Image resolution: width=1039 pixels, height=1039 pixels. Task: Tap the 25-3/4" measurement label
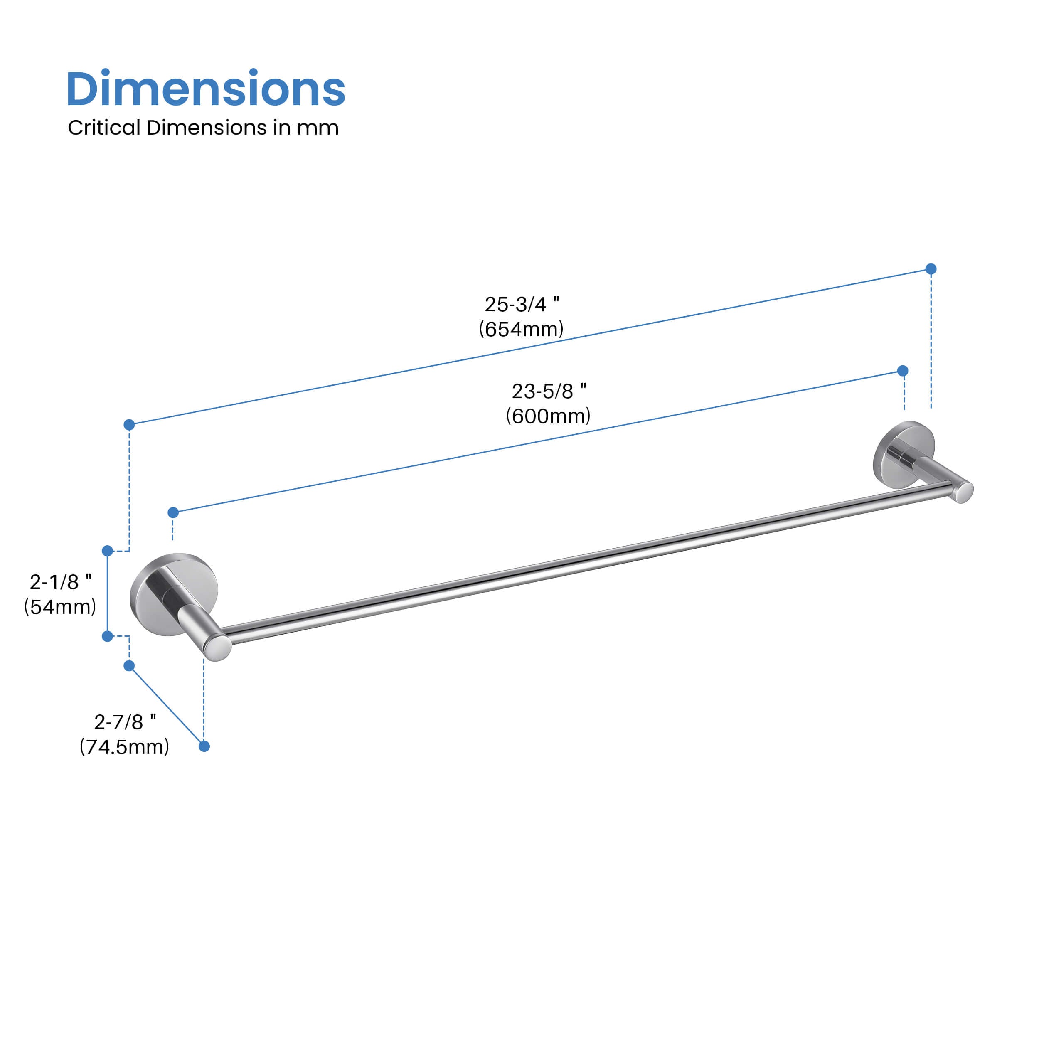tap(522, 304)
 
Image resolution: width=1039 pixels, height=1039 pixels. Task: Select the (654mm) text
tap(521, 329)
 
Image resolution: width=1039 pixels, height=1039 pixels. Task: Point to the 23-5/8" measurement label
tap(549, 391)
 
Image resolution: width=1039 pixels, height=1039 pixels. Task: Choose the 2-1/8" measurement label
tap(61, 582)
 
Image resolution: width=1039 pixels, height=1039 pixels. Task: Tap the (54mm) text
tap(60, 607)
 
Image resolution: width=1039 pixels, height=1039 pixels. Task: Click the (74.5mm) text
tap(125, 747)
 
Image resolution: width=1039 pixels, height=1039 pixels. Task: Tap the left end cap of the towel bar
tap(218, 648)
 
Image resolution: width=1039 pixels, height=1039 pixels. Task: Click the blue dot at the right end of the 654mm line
tap(931, 269)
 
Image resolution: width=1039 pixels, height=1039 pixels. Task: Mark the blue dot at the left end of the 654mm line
tap(129, 425)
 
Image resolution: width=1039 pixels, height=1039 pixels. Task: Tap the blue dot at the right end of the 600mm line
tap(903, 371)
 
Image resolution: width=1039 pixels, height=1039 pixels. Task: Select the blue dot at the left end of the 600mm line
tap(173, 512)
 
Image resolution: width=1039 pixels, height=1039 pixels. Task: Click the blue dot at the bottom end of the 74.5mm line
tap(204, 746)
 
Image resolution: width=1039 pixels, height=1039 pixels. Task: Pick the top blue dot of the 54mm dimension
tap(108, 551)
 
